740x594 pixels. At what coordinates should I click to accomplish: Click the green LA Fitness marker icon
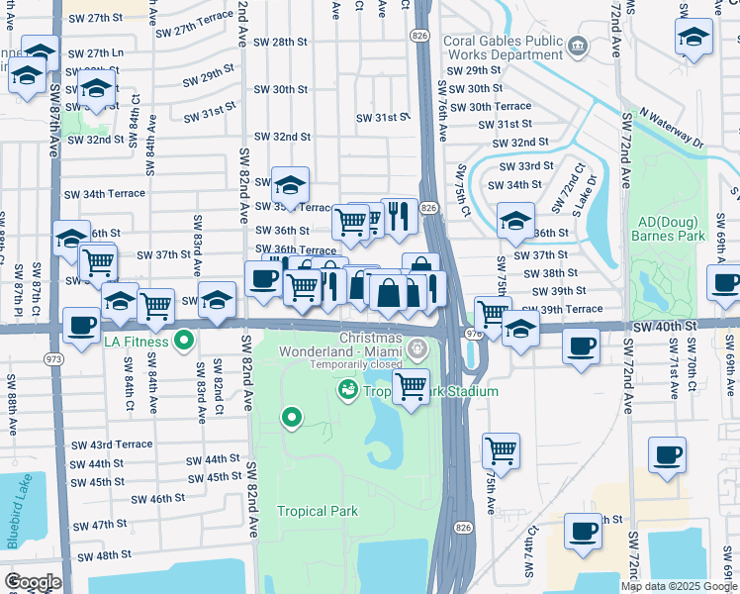183,342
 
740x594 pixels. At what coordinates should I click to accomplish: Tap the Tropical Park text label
317,511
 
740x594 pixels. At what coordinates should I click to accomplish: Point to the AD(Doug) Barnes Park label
670,230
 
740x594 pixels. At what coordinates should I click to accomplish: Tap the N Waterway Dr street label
671,129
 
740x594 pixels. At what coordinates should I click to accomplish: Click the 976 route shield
473,334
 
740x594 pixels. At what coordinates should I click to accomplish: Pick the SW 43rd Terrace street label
112,445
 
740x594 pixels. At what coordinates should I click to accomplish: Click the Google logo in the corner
32,582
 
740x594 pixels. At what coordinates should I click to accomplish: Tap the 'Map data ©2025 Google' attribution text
679,586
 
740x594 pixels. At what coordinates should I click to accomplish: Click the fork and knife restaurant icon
399,216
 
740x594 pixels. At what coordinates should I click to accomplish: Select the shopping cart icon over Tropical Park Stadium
411,385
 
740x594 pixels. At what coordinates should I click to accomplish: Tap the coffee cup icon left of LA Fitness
81,324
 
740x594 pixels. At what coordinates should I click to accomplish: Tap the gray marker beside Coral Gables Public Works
580,45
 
